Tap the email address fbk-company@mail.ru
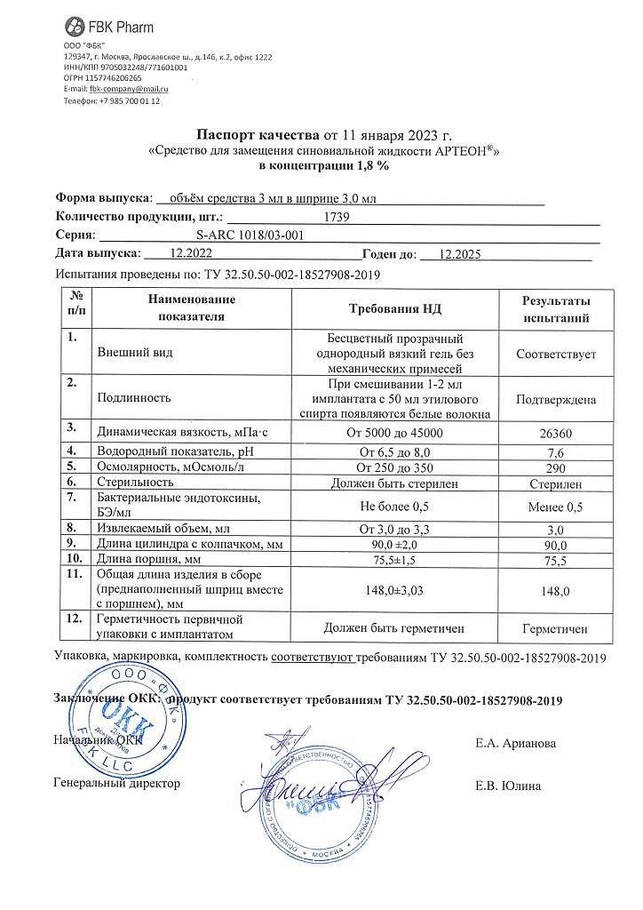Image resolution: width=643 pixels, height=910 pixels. tap(128, 89)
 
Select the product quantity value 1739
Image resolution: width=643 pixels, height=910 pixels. tap(337, 217)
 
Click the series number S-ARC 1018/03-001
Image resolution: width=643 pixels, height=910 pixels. tap(250, 235)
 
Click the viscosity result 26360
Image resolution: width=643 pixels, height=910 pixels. tap(556, 434)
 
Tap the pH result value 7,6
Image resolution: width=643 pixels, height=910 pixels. tap(556, 451)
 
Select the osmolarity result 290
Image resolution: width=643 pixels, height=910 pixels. tap(556, 467)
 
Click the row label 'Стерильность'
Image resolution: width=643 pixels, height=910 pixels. tap(134, 484)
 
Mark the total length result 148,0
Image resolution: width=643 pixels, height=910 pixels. tap(556, 590)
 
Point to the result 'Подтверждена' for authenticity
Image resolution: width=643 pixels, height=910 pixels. tap(556, 399)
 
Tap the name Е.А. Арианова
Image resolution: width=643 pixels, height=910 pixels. tap(516, 743)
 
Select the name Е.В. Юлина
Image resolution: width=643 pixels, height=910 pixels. tap(509, 786)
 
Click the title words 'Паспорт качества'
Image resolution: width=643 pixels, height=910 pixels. tap(258, 135)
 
